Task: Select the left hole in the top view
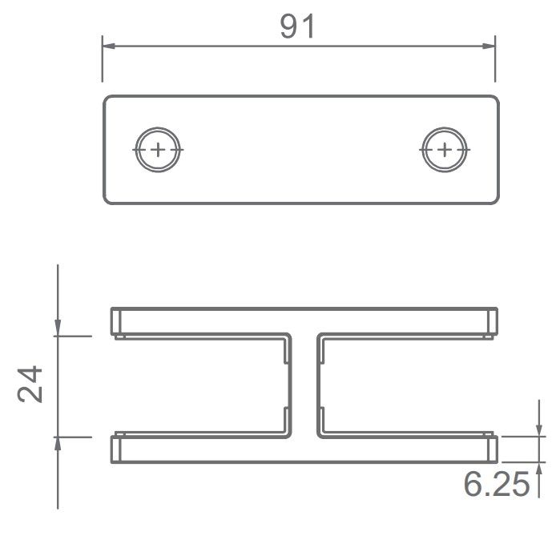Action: point(159,149)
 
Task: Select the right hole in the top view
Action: point(445,149)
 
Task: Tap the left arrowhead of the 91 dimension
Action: point(109,46)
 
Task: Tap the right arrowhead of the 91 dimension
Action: point(488,46)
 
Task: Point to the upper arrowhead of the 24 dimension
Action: point(58,328)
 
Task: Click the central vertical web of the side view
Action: point(302,385)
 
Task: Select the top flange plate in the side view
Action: point(302,320)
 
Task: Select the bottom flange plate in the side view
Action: point(302,449)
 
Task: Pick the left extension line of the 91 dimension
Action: point(103,60)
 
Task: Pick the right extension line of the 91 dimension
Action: point(495,60)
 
